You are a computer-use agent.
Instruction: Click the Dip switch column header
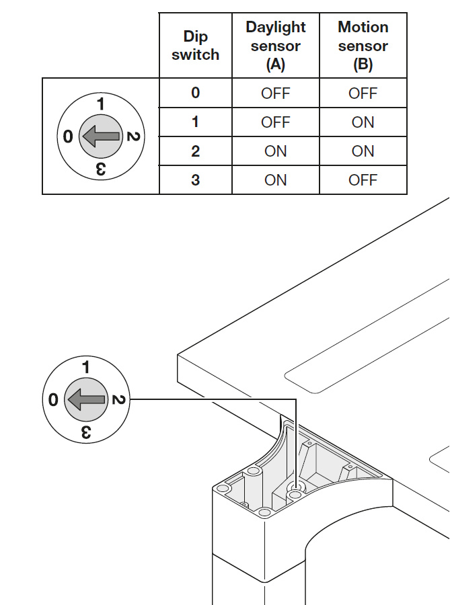(195, 46)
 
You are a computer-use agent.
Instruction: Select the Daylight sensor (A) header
(276, 46)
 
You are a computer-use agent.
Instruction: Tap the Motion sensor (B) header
(363, 46)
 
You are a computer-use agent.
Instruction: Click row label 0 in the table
(195, 93)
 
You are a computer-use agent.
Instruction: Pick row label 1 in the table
(195, 122)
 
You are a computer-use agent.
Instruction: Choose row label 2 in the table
(195, 151)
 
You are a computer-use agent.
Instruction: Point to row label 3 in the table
(195, 180)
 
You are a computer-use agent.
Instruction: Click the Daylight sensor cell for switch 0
(276, 93)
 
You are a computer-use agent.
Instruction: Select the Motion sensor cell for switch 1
(363, 122)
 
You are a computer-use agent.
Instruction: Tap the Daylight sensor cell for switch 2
(276, 151)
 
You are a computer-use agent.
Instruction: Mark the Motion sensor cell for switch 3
(363, 180)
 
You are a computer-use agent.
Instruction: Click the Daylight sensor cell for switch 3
(276, 180)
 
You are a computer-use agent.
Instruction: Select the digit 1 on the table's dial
(100, 104)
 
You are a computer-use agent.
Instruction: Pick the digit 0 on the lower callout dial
(53, 401)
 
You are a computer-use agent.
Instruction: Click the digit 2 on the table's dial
(133, 137)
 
